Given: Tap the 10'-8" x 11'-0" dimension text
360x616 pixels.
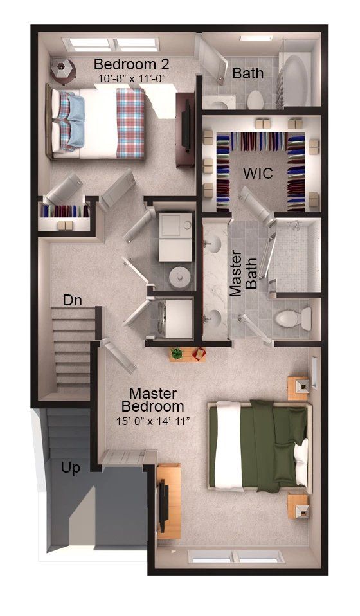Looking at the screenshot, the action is pyautogui.click(x=132, y=78).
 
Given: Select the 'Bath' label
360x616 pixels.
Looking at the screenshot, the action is pyautogui.click(x=248, y=73).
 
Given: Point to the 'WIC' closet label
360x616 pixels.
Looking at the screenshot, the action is pyautogui.click(x=258, y=173).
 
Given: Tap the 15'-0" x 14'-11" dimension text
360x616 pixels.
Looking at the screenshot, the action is pyautogui.click(x=153, y=421).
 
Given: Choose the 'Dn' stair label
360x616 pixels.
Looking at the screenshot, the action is pyautogui.click(x=73, y=300).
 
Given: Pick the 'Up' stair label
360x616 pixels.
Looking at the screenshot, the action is pyautogui.click(x=71, y=468).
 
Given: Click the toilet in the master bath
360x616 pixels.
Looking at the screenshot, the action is pyautogui.click(x=293, y=318).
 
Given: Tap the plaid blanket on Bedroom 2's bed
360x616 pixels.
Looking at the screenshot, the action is pyautogui.click(x=130, y=123).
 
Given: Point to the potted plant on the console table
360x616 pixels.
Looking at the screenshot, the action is pyautogui.click(x=177, y=353).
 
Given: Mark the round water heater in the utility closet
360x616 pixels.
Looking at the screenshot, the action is pyautogui.click(x=180, y=277).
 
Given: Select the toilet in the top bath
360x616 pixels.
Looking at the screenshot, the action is pyautogui.click(x=255, y=100).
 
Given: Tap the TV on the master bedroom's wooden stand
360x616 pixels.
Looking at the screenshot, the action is pyautogui.click(x=163, y=506).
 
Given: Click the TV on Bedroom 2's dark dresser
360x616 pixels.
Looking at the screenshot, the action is pyautogui.click(x=187, y=126).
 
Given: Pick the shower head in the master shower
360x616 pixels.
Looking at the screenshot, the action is pyautogui.click(x=295, y=225).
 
